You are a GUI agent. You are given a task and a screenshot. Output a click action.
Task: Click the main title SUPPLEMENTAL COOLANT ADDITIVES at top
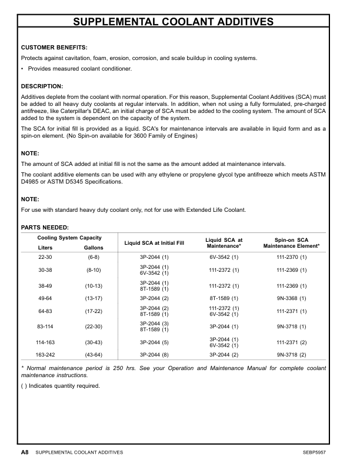(181, 22)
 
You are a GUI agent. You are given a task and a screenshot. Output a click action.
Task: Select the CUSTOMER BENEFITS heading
(54, 47)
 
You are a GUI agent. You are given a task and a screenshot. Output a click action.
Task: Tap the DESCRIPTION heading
(42, 86)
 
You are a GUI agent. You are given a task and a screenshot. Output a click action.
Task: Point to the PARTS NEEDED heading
(45, 227)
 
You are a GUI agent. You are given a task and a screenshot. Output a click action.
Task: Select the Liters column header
(45, 248)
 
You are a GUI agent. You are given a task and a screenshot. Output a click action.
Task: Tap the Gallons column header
(94, 248)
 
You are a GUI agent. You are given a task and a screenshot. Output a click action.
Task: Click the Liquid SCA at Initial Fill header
(154, 242)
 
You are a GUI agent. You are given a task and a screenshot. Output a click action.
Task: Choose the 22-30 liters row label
(45, 258)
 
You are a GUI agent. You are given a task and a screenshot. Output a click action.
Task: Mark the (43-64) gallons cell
(94, 355)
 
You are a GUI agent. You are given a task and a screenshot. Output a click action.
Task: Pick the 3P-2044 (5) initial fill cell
(154, 342)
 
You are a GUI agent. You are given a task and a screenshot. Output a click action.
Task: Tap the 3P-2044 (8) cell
(154, 355)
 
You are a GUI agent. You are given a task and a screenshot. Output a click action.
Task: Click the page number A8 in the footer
(25, 452)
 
